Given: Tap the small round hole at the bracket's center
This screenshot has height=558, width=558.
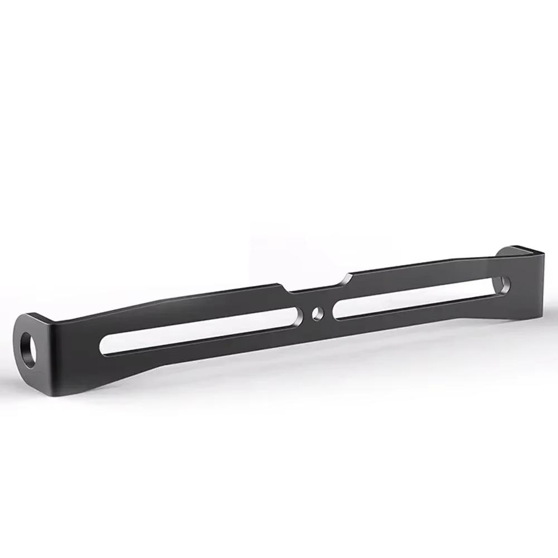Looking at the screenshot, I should [x=318, y=313].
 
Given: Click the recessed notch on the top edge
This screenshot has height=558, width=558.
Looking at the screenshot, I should [x=316, y=285].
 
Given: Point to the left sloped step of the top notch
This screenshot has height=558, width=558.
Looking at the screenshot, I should [x=284, y=289].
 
